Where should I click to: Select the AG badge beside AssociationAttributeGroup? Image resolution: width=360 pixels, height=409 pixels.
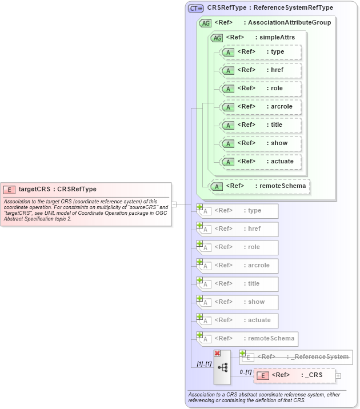click(x=205, y=23)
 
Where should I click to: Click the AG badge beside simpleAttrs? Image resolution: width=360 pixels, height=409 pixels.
click(x=217, y=38)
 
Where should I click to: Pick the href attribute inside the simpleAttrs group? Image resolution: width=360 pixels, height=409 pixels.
click(x=261, y=70)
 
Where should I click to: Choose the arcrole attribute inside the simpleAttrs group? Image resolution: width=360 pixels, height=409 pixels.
click(x=261, y=107)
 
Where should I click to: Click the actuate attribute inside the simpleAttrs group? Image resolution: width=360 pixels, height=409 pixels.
click(x=261, y=162)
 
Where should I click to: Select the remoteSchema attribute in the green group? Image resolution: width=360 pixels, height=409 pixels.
click(x=260, y=186)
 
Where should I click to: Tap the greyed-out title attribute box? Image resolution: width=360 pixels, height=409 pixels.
click(x=238, y=284)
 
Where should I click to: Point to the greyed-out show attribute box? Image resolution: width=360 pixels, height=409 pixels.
click(x=238, y=302)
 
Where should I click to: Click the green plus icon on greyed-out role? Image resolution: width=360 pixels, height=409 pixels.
click(x=200, y=243)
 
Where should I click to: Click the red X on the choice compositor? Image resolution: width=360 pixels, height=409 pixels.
click(x=217, y=354)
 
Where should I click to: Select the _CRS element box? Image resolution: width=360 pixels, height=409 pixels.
click(x=294, y=375)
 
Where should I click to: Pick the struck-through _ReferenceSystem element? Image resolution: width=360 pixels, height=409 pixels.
click(x=296, y=357)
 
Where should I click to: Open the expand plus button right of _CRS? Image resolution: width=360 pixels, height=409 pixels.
click(x=338, y=375)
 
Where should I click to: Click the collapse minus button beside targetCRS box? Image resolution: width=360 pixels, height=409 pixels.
click(x=174, y=204)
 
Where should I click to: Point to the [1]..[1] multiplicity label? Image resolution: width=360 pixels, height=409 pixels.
click(x=204, y=364)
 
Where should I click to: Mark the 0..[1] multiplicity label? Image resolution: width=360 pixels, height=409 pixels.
click(x=246, y=372)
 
